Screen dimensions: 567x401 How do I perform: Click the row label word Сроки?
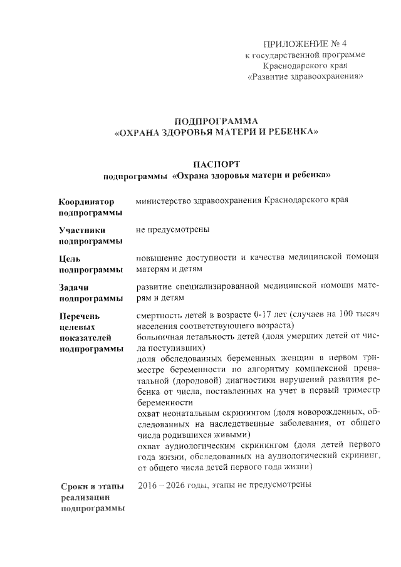point(75,486)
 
